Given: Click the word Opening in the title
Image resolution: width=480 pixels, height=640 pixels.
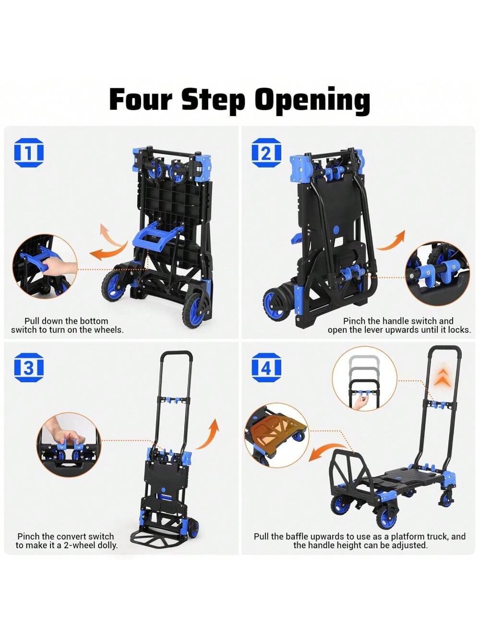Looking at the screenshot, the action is [312, 101].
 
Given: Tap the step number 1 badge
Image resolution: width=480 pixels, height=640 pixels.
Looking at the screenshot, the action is [29, 153].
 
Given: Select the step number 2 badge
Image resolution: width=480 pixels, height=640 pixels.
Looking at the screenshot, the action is [266, 153].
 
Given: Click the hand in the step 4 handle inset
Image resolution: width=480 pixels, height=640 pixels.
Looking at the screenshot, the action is [361, 403].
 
